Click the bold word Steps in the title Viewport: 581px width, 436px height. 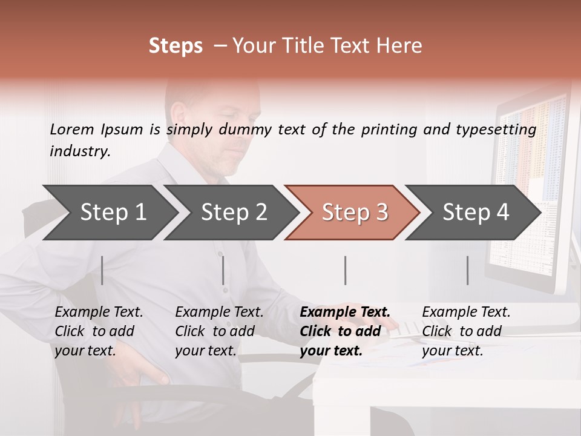(x=176, y=45)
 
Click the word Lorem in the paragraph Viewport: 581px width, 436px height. (x=71, y=129)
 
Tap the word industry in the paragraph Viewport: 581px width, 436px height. (x=79, y=151)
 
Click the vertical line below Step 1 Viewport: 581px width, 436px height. (x=102, y=270)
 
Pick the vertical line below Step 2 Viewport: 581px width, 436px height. (x=223, y=270)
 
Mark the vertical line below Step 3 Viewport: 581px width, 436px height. (x=345, y=270)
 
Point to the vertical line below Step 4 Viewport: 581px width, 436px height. (x=467, y=270)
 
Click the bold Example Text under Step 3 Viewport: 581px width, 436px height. (x=345, y=312)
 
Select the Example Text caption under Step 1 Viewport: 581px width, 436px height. (x=99, y=312)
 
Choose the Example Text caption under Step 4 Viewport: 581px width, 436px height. (x=466, y=312)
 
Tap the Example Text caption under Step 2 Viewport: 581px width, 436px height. (x=219, y=312)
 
